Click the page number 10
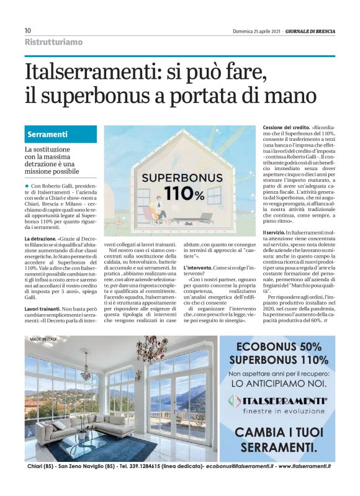point(28,30)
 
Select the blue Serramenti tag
point(48,134)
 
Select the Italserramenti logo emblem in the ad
point(233,401)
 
